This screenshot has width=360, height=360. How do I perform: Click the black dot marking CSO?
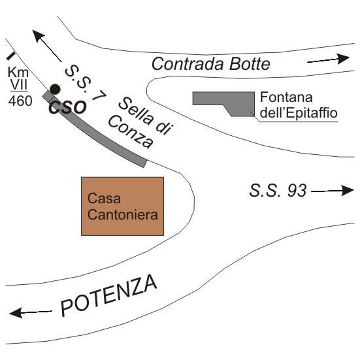55,89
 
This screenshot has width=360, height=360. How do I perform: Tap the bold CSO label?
68,107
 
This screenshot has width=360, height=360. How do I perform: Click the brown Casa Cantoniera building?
122,206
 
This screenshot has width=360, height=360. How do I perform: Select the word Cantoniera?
123,215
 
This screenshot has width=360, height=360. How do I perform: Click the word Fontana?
286,97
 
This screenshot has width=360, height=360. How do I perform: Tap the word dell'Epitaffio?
299,113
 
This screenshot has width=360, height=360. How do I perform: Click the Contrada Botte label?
211,63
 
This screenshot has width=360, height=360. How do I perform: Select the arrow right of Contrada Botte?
329,59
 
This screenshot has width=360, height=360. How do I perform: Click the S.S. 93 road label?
278,190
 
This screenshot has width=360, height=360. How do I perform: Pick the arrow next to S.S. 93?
333,191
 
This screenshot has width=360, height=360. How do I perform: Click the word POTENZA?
109,295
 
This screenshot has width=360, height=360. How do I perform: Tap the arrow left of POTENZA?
31,313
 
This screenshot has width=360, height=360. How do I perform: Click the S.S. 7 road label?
86,84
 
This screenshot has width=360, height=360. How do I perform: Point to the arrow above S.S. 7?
47,46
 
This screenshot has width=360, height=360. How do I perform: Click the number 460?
20,101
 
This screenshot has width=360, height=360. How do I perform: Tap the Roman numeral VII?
19,85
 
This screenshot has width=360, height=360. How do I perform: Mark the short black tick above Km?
10,56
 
